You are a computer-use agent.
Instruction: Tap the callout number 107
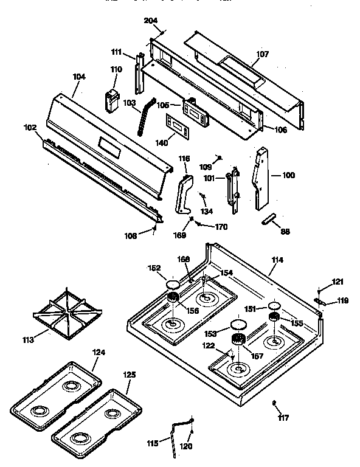point(261,54)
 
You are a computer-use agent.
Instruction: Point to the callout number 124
point(99,352)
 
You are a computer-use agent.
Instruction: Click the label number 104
point(79,77)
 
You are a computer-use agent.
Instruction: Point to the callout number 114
point(277,260)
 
